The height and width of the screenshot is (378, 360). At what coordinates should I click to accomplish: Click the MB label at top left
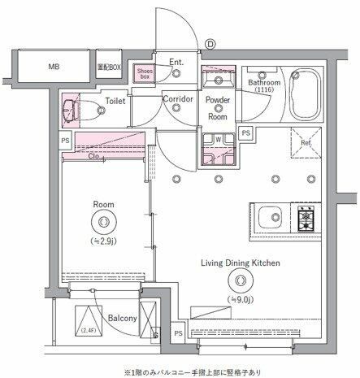point(53,67)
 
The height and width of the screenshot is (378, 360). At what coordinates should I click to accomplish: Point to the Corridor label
point(177,99)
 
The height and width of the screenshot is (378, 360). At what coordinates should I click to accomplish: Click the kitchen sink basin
point(271,219)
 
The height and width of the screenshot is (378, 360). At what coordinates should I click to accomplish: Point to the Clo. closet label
point(95,156)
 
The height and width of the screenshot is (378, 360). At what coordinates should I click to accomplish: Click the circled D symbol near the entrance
point(209,44)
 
